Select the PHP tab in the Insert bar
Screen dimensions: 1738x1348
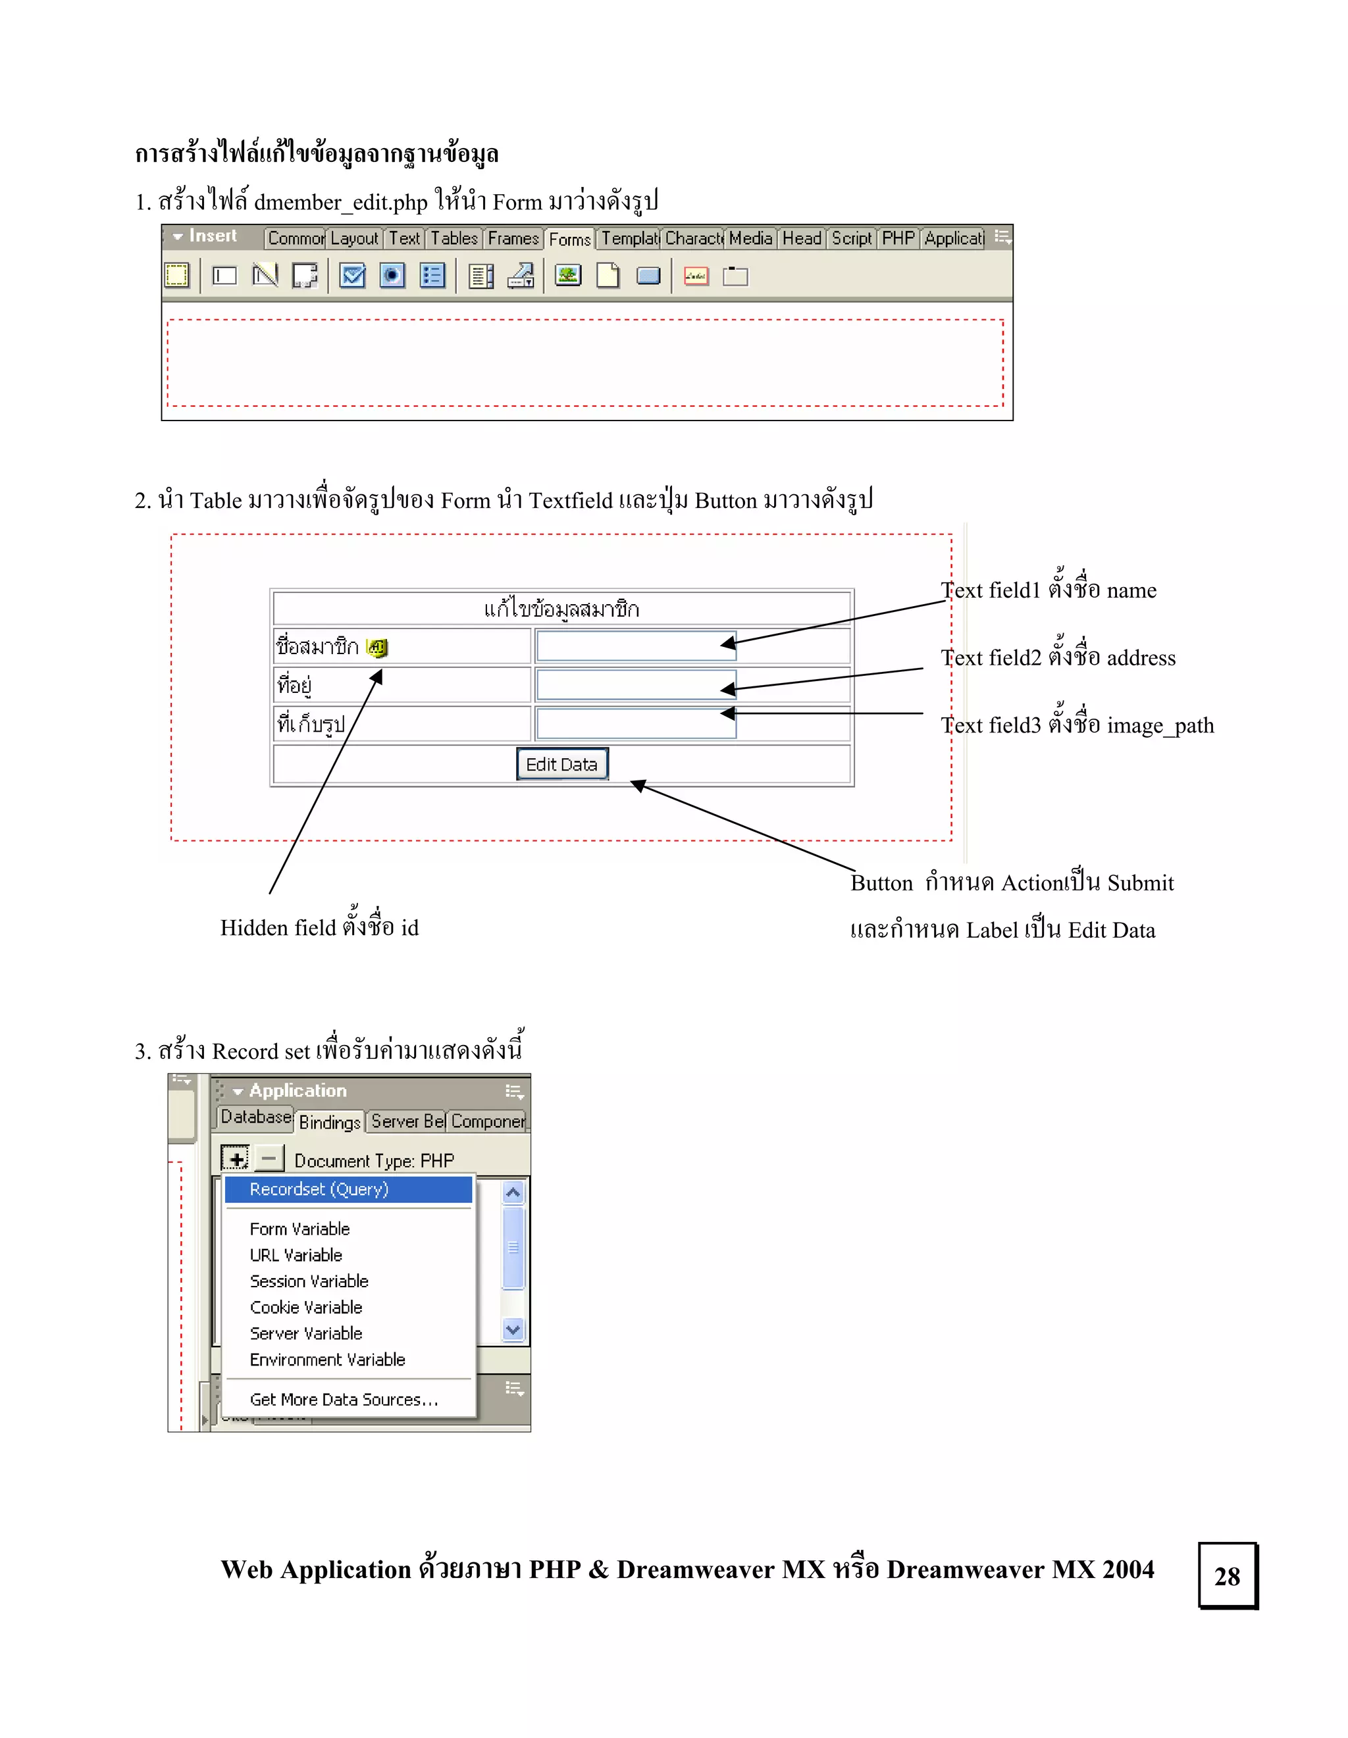tap(898, 239)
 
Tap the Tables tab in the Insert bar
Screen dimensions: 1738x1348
tap(454, 239)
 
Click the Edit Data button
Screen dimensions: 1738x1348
tap(562, 765)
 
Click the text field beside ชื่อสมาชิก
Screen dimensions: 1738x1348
tap(635, 646)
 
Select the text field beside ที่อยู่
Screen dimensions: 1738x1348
tap(635, 685)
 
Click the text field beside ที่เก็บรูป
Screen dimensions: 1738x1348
tap(635, 724)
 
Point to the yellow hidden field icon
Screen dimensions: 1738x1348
tap(377, 648)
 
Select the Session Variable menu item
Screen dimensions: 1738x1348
tap(309, 1281)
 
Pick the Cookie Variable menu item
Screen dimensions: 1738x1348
tap(305, 1308)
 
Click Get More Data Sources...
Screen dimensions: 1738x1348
tap(344, 1400)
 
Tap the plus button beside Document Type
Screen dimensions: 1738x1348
tap(236, 1159)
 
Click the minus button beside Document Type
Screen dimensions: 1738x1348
tap(270, 1159)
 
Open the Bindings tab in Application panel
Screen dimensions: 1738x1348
tap(330, 1122)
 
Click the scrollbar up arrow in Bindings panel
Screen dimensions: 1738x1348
tap(513, 1192)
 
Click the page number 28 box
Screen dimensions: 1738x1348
tap(1227, 1577)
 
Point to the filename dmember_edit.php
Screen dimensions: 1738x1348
tap(340, 202)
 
